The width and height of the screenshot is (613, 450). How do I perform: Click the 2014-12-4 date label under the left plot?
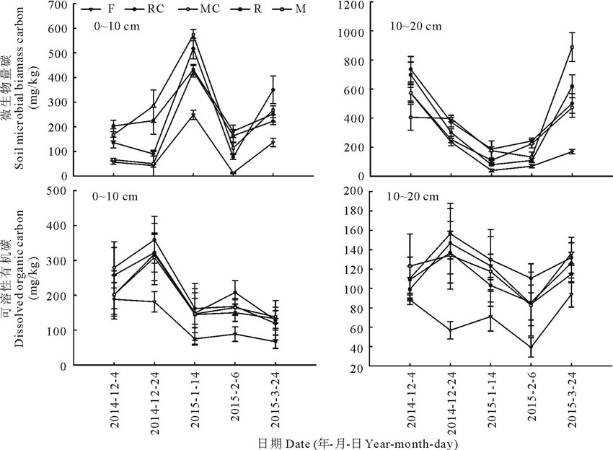pyautogui.click(x=115, y=401)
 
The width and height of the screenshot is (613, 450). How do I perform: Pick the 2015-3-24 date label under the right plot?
pyautogui.click(x=571, y=401)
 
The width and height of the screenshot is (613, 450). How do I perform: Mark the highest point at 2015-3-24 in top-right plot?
pyautogui.click(x=571, y=48)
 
